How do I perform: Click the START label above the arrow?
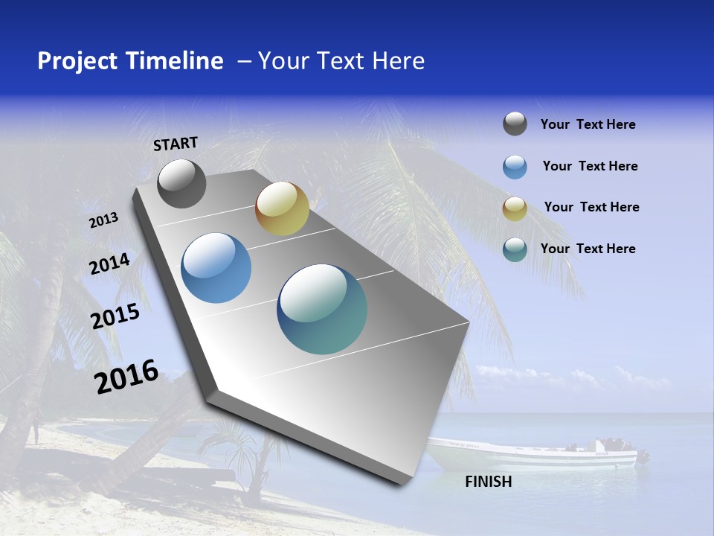click(x=176, y=144)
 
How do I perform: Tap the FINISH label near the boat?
click(x=488, y=482)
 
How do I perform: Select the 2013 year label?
click(x=104, y=220)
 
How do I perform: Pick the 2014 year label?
click(x=110, y=264)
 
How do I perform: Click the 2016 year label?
click(x=126, y=376)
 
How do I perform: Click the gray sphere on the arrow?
click(x=181, y=184)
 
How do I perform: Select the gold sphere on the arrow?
click(x=282, y=208)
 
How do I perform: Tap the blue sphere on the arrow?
click(x=216, y=268)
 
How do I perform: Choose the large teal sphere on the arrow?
click(x=322, y=309)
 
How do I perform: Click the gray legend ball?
click(x=515, y=124)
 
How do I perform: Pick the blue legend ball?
click(x=515, y=167)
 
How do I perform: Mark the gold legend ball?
click(x=515, y=208)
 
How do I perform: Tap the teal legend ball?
click(x=515, y=249)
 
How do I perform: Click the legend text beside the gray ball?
click(x=588, y=125)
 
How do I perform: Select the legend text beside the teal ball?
click(x=588, y=249)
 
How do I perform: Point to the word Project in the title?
click(x=77, y=61)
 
